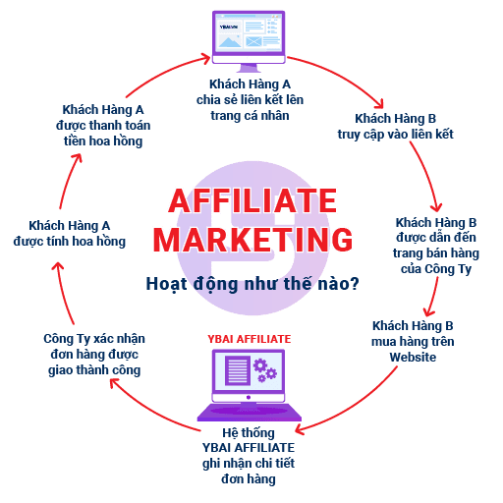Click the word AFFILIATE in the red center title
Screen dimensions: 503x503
coord(252,200)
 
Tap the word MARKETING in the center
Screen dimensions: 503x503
coord(252,240)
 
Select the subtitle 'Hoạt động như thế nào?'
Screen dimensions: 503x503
coord(252,284)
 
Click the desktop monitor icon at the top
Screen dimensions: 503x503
coord(249,41)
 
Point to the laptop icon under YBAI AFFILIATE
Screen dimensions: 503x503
coord(250,385)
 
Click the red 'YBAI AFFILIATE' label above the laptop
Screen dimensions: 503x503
coord(250,339)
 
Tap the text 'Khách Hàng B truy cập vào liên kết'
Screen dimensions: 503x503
coord(396,127)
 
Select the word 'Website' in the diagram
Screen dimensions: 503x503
coord(413,357)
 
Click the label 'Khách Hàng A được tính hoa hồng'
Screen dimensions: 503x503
coord(70,234)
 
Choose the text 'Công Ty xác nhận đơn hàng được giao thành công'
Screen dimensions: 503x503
coord(94,355)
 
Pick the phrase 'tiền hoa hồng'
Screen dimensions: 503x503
coord(103,141)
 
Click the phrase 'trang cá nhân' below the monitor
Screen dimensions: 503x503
coord(250,116)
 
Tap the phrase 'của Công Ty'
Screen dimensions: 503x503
coord(436,269)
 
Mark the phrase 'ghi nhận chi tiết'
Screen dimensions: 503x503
coord(249,464)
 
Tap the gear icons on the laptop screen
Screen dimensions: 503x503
coord(265,370)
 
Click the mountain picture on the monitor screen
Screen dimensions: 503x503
coord(230,41)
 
